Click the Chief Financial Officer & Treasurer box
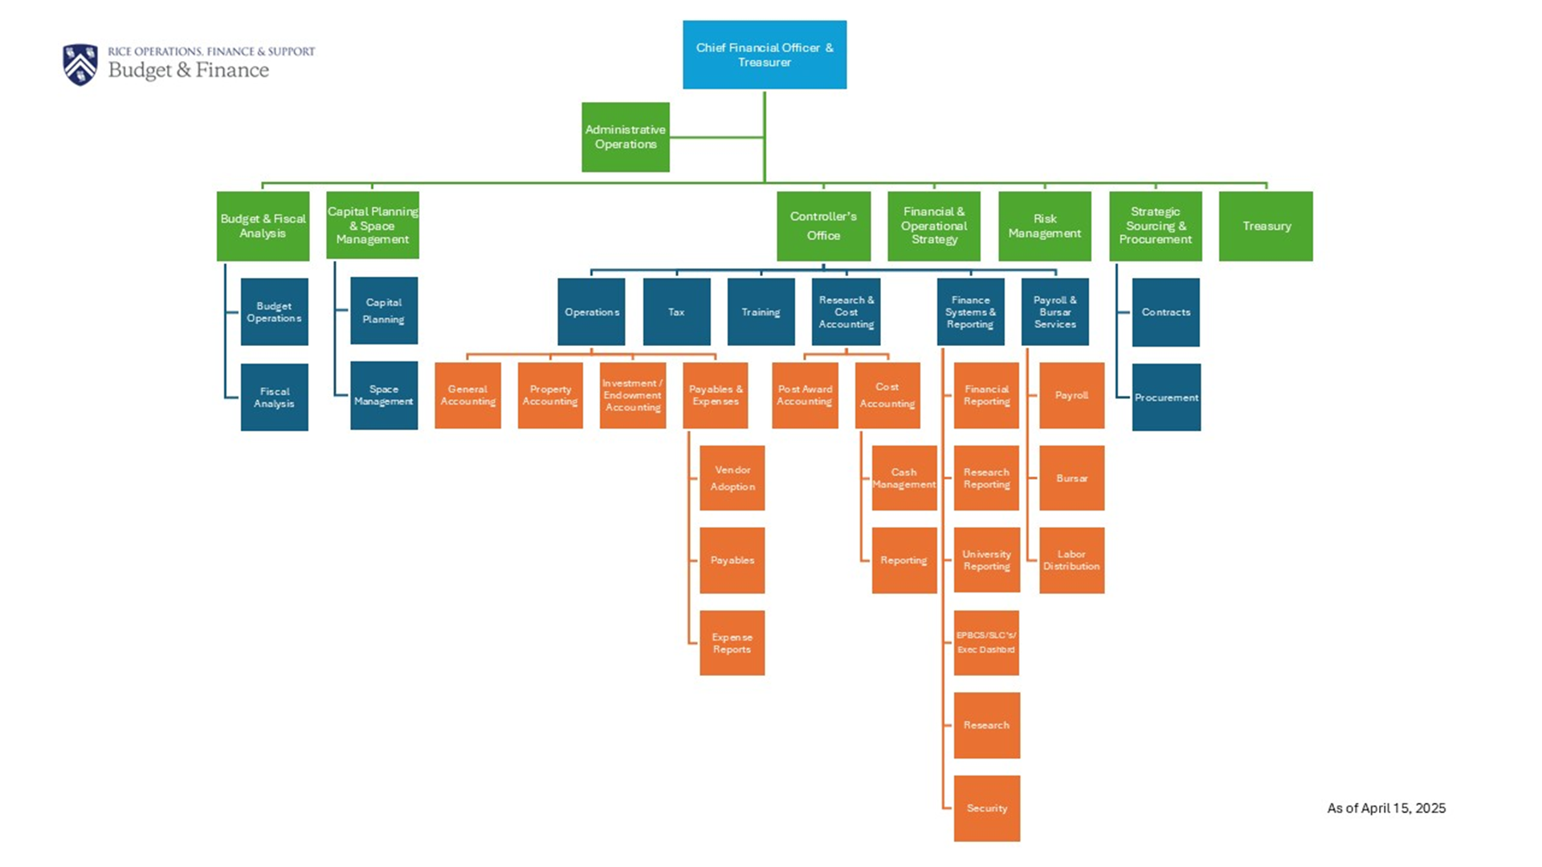coord(765,55)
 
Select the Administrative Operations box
coord(626,137)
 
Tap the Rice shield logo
coord(80,64)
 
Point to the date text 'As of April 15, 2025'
coord(1386,808)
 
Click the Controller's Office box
coord(823,226)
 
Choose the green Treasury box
coord(1266,226)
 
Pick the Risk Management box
coord(1044,226)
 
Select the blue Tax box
coord(676,311)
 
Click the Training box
coord(761,311)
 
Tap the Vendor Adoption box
coord(732,478)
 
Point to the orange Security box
coord(986,808)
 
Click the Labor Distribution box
coord(1071,560)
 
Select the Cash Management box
coord(904,478)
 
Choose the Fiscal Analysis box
coord(274,397)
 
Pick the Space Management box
coord(383,395)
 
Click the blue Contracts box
coord(1165,311)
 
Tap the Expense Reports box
coord(732,643)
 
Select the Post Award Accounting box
coord(805,395)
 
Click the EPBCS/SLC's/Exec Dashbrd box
coord(986,642)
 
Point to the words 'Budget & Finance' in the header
coord(189,71)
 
